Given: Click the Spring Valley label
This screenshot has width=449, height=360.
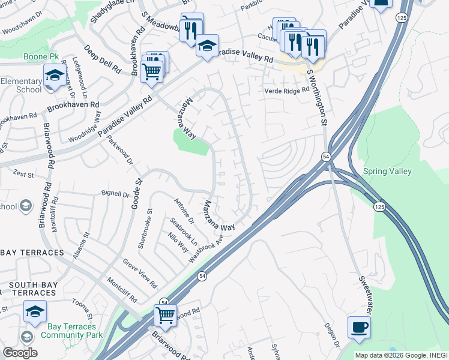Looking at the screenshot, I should [x=387, y=171].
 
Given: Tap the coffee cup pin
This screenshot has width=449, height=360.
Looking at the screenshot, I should [x=359, y=328].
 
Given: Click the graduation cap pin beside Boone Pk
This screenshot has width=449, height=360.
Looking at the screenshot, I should [x=54, y=76].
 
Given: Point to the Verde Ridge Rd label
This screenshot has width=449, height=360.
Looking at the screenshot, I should [x=287, y=90].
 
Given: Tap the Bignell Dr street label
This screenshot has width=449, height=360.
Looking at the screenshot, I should [x=115, y=194].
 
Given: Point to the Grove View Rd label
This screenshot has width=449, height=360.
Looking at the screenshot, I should [x=139, y=273].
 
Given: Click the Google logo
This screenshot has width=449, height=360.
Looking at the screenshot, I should [x=20, y=353].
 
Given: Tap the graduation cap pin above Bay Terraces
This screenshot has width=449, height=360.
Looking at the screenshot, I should [x=35, y=311].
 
